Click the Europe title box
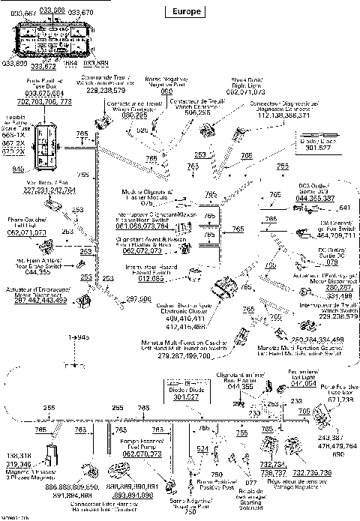182,11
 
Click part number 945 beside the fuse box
17,169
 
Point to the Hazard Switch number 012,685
150,279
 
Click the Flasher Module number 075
147,202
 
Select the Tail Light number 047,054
303,383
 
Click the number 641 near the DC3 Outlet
344,208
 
